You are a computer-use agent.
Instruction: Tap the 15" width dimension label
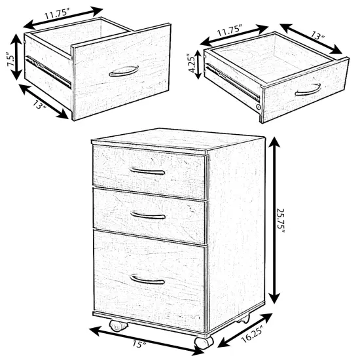click(x=138, y=342)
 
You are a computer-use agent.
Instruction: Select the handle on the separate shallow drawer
click(x=308, y=90)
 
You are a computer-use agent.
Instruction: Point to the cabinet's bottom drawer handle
click(x=147, y=279)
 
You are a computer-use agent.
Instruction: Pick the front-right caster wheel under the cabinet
click(x=202, y=341)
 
